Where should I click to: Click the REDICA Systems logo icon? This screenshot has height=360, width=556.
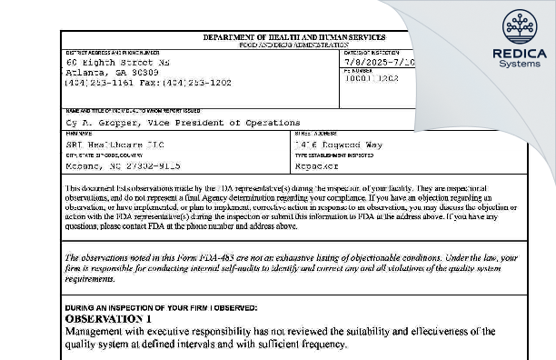click(518, 25)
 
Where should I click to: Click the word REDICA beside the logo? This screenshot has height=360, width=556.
click(518, 53)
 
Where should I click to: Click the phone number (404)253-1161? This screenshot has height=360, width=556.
click(94, 82)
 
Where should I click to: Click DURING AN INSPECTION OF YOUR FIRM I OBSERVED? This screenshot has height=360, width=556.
click(161, 309)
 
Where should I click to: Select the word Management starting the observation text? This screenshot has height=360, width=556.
click(101, 333)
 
